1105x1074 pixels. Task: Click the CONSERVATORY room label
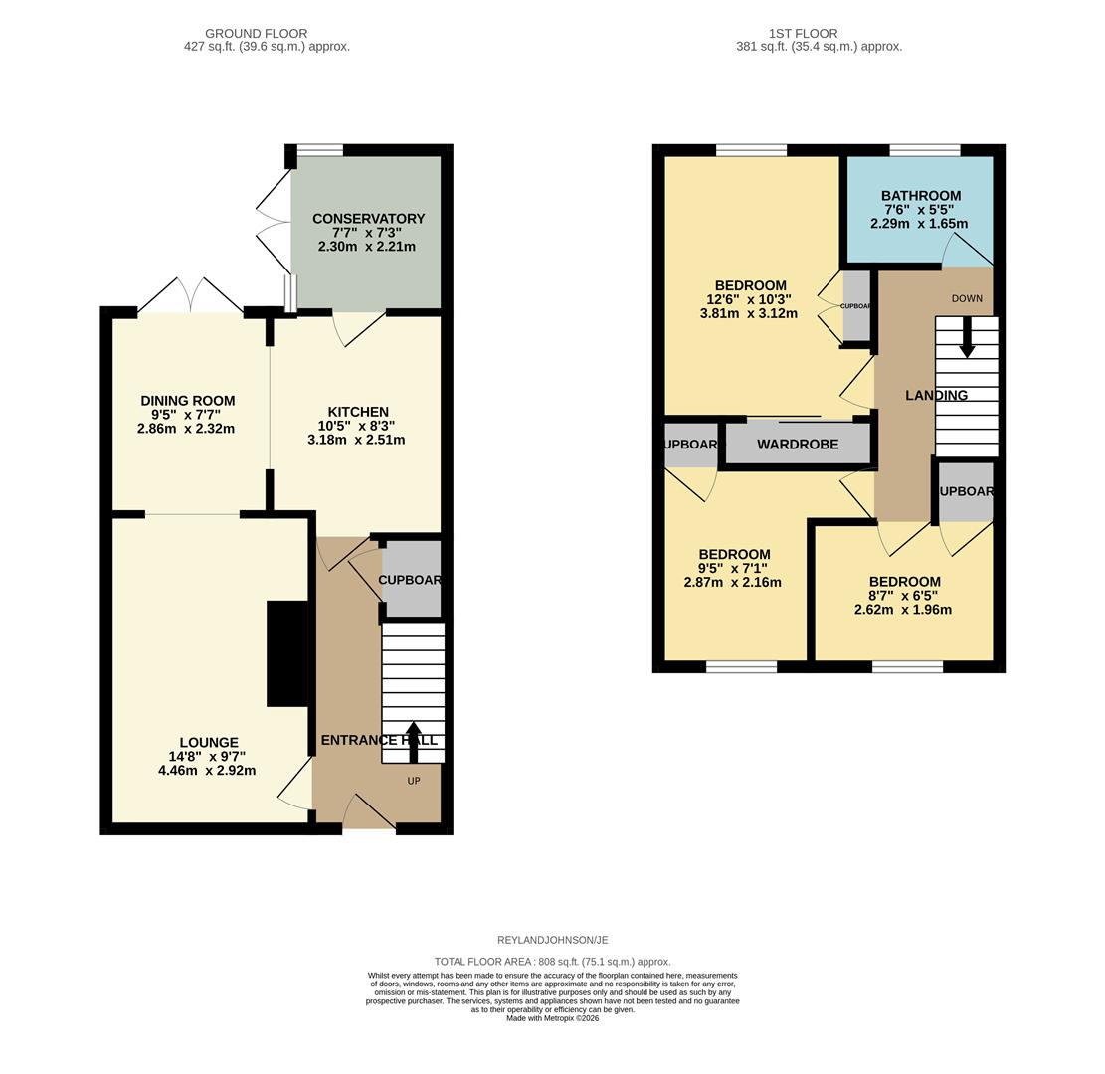tap(368, 219)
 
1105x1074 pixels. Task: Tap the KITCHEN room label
tap(358, 412)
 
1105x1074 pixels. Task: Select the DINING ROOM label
tap(187, 401)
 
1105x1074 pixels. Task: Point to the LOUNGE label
tap(209, 742)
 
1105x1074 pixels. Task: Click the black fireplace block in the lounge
tap(287, 653)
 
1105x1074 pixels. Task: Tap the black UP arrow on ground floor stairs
tap(414, 741)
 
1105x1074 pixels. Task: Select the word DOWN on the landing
tap(966, 298)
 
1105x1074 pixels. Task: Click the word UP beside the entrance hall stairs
tap(414, 781)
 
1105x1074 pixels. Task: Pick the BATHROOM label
tap(920, 196)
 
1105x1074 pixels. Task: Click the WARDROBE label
tap(798, 445)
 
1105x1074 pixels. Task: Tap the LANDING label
tap(936, 395)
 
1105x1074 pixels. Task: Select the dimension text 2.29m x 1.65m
tap(918, 224)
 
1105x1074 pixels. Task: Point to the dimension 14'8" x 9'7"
tap(207, 756)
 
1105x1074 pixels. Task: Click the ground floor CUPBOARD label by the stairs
tap(410, 580)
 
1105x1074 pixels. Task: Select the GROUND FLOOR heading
tap(257, 34)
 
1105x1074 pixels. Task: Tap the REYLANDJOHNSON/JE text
tap(552, 940)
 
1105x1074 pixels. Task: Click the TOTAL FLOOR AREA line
tap(552, 962)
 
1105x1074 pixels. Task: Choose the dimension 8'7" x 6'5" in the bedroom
tap(903, 596)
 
